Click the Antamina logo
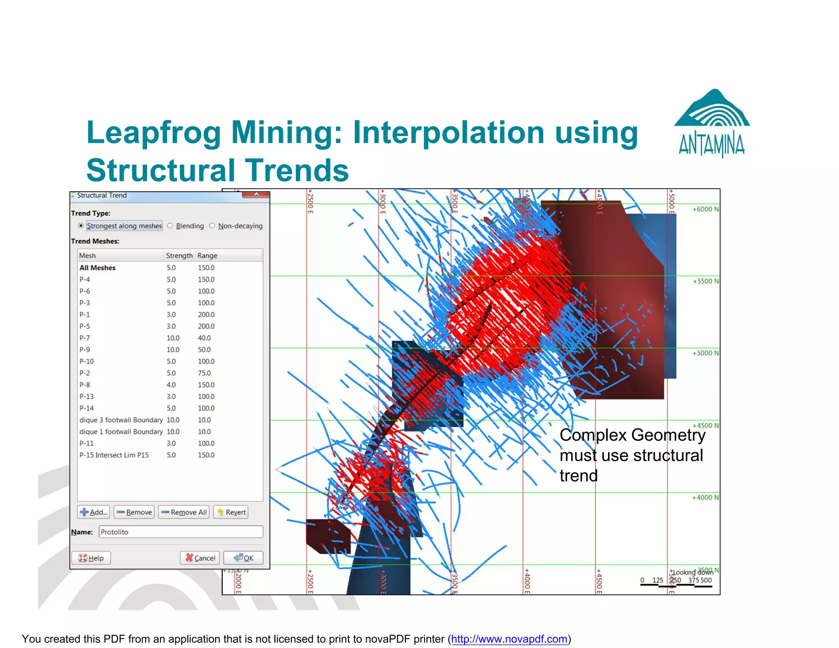[712, 123]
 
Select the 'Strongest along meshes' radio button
[81, 226]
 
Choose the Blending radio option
[170, 226]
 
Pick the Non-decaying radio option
[212, 226]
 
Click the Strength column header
[179, 256]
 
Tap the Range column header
[207, 256]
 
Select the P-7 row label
[85, 338]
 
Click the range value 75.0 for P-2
[204, 373]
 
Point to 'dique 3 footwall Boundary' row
[121, 420]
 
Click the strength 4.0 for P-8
[171, 385]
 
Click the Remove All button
[184, 512]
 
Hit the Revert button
[231, 512]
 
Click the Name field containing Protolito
[181, 532]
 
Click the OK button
[243, 558]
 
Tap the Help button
[91, 558]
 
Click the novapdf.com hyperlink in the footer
[509, 639]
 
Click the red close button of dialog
[256, 194]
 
